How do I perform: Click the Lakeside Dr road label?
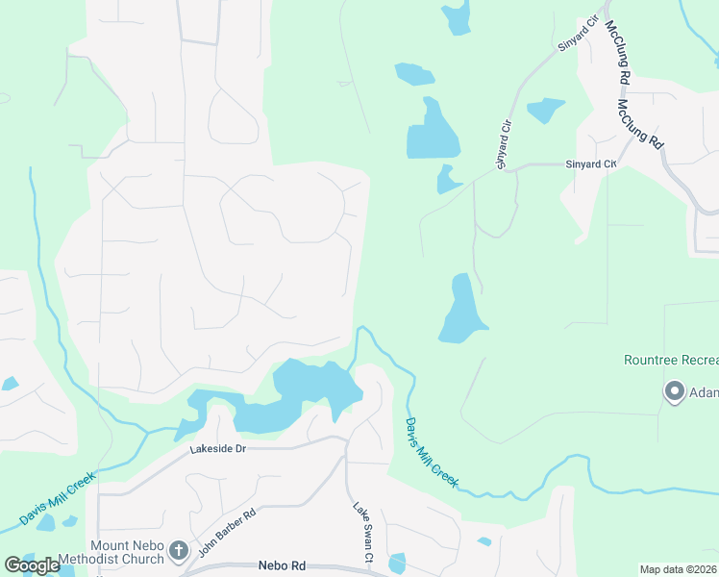click(x=218, y=449)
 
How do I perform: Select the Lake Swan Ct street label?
click(x=361, y=533)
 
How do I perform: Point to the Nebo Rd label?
click(x=282, y=567)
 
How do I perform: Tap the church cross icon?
click(x=178, y=551)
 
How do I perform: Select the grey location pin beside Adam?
click(x=673, y=391)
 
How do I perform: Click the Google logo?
click(x=33, y=565)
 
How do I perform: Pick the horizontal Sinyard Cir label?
click(x=590, y=164)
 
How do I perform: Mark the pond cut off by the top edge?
click(x=457, y=16)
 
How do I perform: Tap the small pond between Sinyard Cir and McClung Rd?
click(x=546, y=110)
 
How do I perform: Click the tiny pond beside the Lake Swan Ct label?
click(x=397, y=563)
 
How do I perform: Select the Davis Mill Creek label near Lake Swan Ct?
click(x=430, y=452)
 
